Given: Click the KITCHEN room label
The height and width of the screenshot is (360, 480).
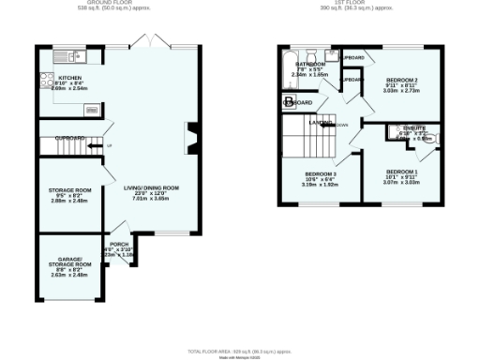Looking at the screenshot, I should [69, 79].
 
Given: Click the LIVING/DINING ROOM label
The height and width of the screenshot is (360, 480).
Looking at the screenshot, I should [151, 187].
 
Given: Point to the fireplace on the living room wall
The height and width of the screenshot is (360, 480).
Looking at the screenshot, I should [192, 138].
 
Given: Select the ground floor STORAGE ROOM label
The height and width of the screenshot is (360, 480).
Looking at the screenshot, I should [69, 190].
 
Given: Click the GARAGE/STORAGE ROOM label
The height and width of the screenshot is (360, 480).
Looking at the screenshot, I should [70, 261].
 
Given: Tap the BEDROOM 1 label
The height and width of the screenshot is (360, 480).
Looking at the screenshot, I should [400, 172].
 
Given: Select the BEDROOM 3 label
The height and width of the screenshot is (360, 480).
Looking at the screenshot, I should [320, 174].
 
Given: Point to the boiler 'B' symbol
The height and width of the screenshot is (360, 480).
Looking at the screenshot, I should [289, 100].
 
